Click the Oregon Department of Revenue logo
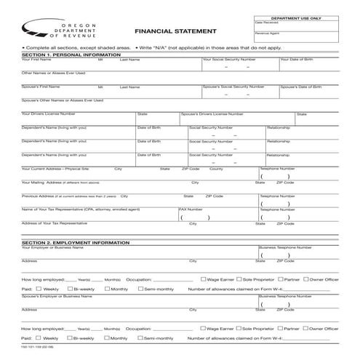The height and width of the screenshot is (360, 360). (47, 29)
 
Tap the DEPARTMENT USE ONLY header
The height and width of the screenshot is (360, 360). (295, 17)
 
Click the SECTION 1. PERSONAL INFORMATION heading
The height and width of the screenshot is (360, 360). (71, 55)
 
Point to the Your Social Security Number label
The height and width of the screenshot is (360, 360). (228, 60)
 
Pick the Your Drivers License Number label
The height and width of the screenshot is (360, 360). (49, 113)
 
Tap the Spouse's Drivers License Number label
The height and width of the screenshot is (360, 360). (212, 114)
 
